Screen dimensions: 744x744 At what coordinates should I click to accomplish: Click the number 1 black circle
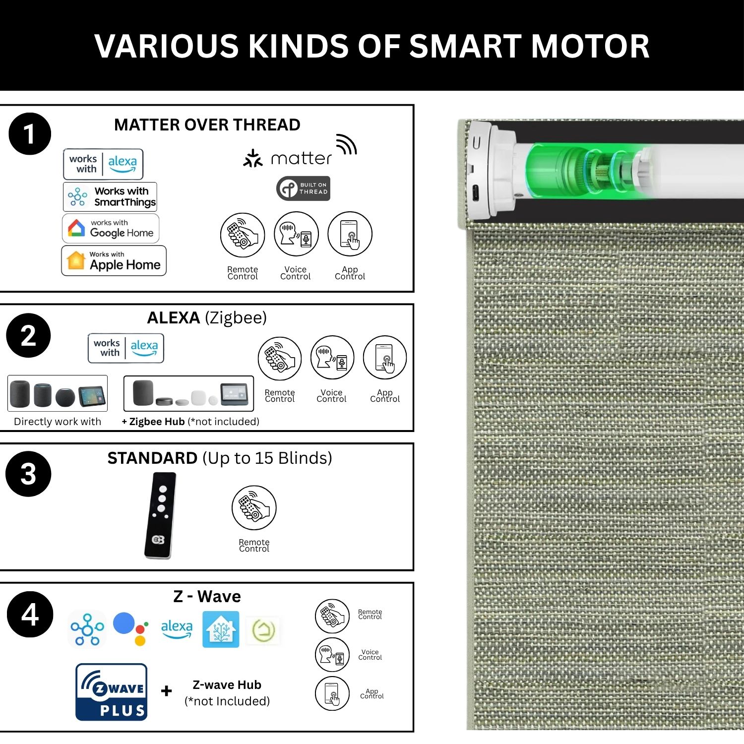click(30, 134)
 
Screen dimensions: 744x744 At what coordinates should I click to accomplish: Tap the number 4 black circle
click(30, 614)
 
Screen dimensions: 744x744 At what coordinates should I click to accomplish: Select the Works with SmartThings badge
click(110, 196)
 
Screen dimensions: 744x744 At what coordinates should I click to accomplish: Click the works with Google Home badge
click(111, 228)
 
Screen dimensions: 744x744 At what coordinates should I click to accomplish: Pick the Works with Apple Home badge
click(114, 260)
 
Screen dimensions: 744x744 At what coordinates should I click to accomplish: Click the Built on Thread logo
click(303, 188)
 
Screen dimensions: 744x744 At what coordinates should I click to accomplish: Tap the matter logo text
click(302, 159)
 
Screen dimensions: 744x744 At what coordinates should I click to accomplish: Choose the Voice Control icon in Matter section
click(296, 234)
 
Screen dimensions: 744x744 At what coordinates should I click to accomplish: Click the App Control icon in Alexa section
click(385, 358)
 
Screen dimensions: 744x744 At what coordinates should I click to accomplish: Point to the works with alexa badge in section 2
click(126, 348)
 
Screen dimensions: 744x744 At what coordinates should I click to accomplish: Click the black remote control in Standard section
click(160, 515)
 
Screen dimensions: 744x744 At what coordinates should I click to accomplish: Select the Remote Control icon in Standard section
click(254, 508)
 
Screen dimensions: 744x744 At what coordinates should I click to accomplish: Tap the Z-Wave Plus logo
click(112, 692)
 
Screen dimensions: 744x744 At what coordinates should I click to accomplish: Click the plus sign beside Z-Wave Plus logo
click(167, 691)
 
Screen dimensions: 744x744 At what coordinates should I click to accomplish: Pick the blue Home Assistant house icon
click(221, 629)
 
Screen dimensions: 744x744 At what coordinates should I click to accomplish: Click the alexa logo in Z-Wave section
click(177, 629)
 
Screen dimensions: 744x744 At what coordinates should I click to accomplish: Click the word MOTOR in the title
click(590, 46)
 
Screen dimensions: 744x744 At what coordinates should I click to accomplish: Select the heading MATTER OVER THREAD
click(207, 124)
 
